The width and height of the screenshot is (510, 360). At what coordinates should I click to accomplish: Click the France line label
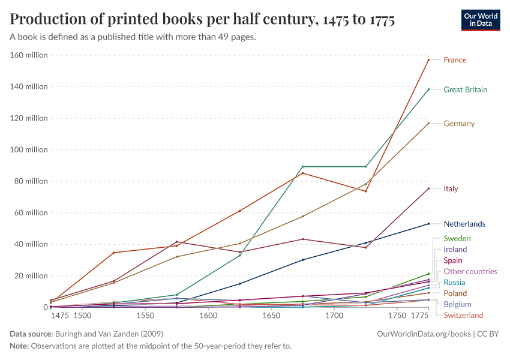(x=455, y=60)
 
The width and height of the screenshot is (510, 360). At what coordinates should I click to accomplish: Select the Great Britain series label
(x=465, y=90)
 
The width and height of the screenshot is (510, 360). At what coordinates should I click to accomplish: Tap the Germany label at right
(x=459, y=124)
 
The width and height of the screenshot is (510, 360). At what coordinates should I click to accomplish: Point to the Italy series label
(x=451, y=189)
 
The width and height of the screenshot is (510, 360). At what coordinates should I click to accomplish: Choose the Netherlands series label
(x=464, y=224)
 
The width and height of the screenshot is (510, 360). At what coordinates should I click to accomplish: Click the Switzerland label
(x=463, y=316)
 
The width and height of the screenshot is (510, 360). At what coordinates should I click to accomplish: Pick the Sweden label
(x=457, y=239)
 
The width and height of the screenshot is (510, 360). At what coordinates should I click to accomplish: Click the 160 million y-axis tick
(x=29, y=55)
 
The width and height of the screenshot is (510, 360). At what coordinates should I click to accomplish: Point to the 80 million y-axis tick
(x=31, y=181)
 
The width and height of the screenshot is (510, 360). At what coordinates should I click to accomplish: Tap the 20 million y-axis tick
(x=31, y=276)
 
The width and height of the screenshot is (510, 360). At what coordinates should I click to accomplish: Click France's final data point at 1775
(x=428, y=59)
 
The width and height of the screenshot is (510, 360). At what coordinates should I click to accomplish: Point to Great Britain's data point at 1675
(x=303, y=167)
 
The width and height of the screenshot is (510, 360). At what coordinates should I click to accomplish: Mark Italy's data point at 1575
(x=177, y=242)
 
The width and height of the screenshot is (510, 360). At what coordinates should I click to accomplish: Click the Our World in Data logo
(x=481, y=20)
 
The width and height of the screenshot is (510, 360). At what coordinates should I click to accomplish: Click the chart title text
(x=202, y=20)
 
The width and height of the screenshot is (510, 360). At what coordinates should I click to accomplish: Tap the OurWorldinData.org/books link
(x=423, y=334)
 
